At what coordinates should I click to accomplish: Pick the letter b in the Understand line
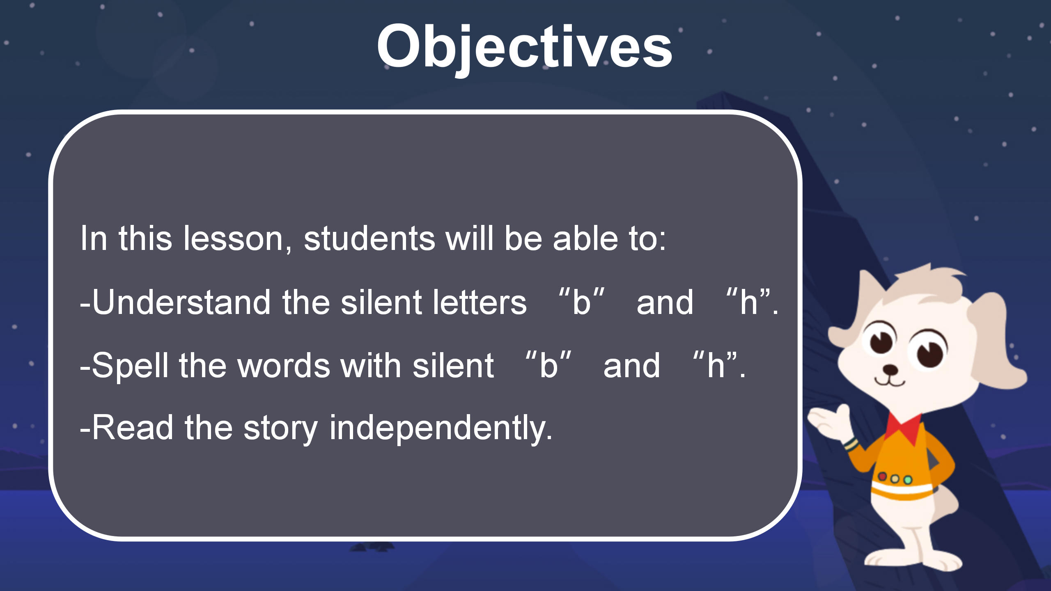click(581, 302)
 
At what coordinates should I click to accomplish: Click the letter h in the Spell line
click(716, 365)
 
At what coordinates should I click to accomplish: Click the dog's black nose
click(890, 369)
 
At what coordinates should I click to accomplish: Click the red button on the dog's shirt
click(882, 476)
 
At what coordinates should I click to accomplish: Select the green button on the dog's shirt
click(908, 479)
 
